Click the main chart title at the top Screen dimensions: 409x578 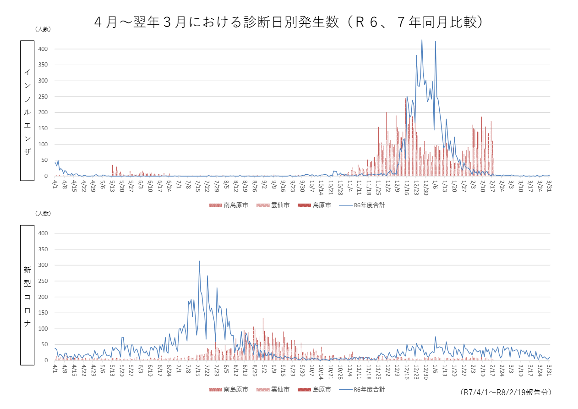pyautogui.click(x=289, y=22)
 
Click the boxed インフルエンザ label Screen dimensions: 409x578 pyautogui.click(x=27, y=111)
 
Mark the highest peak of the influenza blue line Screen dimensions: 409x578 pyautogui.click(x=422, y=40)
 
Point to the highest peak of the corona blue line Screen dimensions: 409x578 pyautogui.click(x=199, y=261)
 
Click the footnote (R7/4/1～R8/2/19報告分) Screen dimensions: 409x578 pyautogui.click(x=506, y=392)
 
